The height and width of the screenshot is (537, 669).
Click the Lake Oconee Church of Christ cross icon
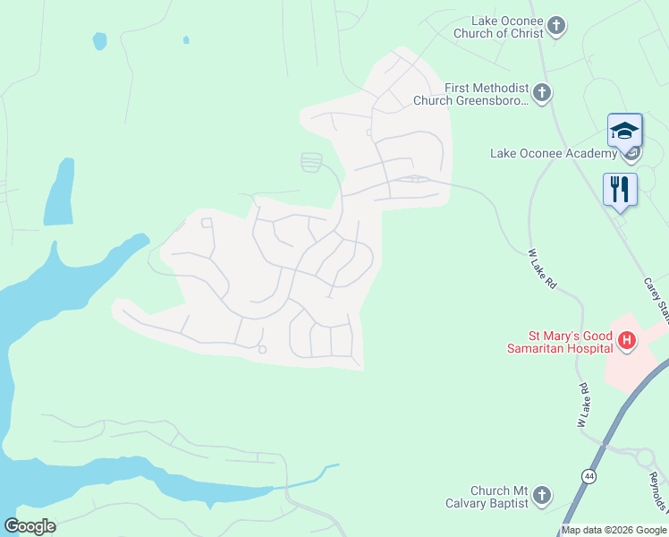click(556, 25)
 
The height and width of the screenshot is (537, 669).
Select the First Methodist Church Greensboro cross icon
click(541, 92)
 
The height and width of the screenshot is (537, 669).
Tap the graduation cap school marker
click(624, 132)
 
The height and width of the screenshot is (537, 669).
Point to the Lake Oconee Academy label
click(554, 154)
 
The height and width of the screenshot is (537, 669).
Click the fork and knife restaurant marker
click(620, 190)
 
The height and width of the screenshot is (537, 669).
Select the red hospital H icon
click(627, 340)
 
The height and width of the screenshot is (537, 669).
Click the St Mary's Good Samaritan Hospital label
click(558, 341)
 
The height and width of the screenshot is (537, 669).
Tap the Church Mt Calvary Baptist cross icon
click(541, 495)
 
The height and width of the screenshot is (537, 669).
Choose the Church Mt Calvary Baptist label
click(488, 497)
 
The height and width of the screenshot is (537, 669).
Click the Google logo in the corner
click(30, 526)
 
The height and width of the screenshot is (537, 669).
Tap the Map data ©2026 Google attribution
click(614, 531)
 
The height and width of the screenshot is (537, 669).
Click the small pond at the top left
click(99, 41)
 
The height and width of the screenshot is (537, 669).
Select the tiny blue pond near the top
click(186, 40)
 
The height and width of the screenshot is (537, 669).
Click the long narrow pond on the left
click(60, 192)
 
